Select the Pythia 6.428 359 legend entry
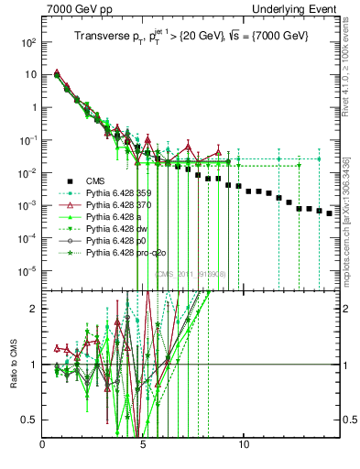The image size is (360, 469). tap(123, 192)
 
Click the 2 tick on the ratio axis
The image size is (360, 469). tap(35, 309)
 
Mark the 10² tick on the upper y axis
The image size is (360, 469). tap(28, 42)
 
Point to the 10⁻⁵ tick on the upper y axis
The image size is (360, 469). tap(28, 270)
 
